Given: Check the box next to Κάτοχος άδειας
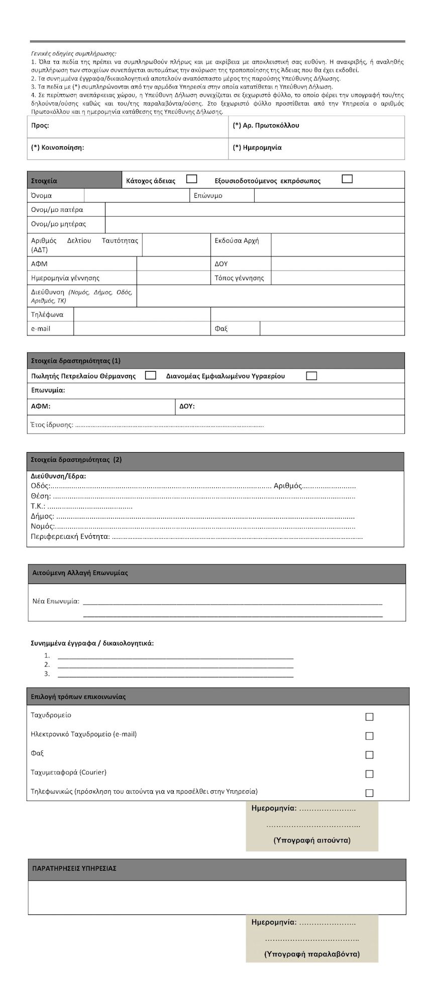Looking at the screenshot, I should (191, 179).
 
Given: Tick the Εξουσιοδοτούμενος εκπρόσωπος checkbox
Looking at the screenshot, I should (347, 179).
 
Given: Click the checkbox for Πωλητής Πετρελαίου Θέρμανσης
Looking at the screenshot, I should (150, 375).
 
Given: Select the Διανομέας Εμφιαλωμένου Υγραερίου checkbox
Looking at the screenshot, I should (311, 376).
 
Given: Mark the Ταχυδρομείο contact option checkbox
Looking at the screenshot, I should (369, 717).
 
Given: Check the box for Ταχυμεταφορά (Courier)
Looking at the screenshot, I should (369, 774).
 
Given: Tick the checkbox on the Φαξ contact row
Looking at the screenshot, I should (369, 755).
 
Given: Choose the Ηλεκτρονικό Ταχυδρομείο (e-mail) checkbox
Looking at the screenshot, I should (369, 736).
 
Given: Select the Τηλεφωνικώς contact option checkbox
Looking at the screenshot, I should (369, 793).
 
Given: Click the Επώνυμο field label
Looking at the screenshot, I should (208, 196).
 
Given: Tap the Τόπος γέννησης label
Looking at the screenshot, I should (239, 278).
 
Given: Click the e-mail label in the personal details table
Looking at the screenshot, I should (41, 328).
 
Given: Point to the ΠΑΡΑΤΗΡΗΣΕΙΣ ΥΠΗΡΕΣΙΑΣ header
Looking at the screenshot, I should (74, 868).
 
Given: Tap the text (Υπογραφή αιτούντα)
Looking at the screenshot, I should (312, 840).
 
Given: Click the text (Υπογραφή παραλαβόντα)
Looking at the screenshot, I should (312, 954).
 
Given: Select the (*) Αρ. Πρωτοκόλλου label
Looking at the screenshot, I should (266, 126).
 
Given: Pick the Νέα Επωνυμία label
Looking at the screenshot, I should (56, 601).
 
